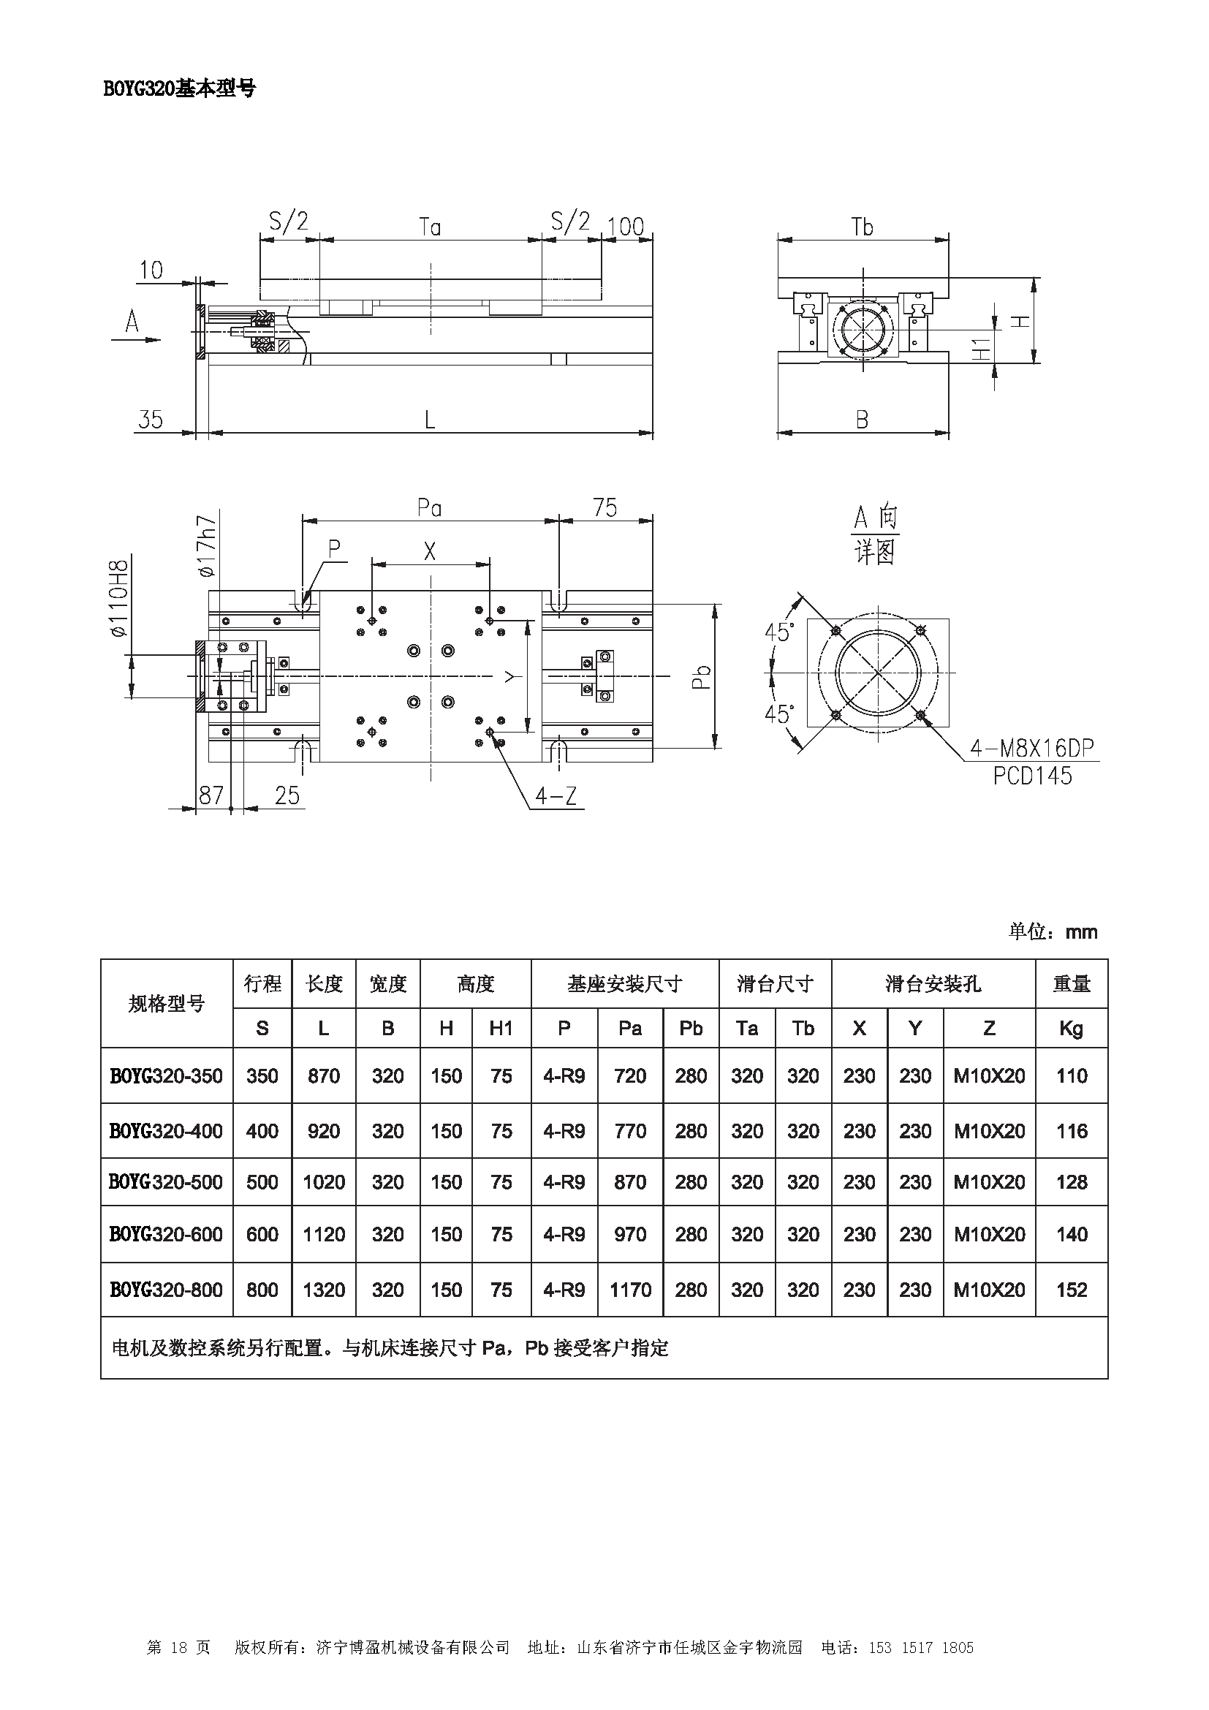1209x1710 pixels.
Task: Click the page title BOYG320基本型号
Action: point(178,88)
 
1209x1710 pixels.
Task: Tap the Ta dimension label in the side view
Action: point(430,227)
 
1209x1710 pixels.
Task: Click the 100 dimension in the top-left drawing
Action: point(626,227)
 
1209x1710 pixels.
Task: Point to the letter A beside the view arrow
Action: point(132,322)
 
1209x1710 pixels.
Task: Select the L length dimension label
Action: point(430,420)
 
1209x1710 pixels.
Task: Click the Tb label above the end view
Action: point(862,227)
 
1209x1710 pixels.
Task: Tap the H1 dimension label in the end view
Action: point(983,349)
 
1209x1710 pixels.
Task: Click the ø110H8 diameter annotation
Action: point(119,599)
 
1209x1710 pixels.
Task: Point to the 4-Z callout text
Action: point(556,797)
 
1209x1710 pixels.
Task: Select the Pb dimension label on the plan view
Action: point(701,676)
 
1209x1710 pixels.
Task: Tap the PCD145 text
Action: point(1032,776)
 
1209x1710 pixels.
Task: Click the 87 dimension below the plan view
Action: point(211,795)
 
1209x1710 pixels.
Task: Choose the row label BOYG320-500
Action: point(166,1182)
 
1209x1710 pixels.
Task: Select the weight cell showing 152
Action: point(1072,1290)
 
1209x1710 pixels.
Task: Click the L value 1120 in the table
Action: point(324,1235)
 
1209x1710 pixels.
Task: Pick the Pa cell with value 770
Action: point(630,1131)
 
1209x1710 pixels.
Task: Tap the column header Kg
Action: point(1072,1029)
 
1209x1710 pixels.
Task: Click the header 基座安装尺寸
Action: point(624,984)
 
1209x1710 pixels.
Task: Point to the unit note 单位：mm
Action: point(1053,931)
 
